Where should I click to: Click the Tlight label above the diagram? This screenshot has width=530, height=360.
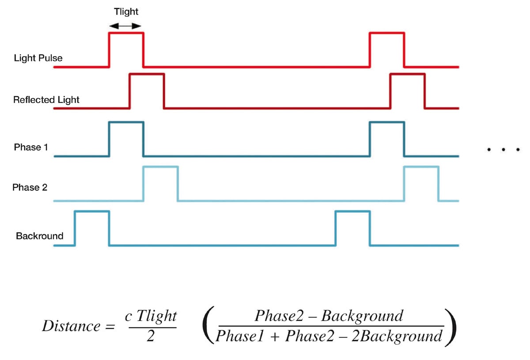coord(126,12)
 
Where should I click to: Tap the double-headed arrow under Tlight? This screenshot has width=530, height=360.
coord(126,27)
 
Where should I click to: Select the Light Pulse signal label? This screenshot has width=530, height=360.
coord(38,58)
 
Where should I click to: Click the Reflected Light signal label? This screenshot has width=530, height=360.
coord(46,100)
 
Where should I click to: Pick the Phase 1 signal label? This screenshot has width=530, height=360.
coord(30,147)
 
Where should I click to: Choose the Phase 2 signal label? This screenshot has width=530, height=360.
coord(30,187)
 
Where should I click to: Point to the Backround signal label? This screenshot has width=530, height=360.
coord(39,236)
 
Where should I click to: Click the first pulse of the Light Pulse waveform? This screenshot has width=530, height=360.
coord(126,49)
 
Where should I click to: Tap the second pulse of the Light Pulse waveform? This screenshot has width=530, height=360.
coord(386,49)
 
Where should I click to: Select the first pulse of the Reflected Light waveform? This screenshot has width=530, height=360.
coord(147,91)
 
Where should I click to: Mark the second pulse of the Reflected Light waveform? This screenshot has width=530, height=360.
coord(407,91)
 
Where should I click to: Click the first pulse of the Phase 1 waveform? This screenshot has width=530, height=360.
coord(126,138)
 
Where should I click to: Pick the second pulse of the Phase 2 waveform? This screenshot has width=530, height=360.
coord(421,183)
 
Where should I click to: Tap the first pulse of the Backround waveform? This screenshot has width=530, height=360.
coord(92,227)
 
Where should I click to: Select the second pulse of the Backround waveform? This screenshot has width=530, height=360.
coord(352,227)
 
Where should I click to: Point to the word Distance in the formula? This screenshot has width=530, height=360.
coord(71,326)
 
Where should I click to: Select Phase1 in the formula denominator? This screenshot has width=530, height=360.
coord(241,337)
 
